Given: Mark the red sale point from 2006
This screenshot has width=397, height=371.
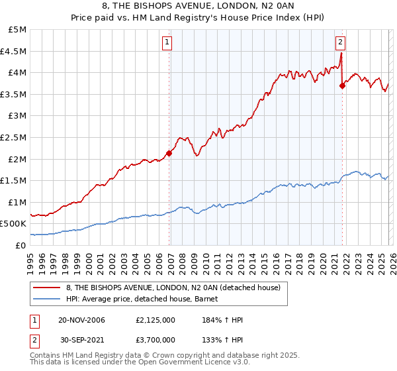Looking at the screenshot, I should point(169,153).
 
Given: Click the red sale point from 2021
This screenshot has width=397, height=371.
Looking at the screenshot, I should point(342,85).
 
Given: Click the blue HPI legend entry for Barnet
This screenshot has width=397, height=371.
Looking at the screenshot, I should point(146,299).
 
